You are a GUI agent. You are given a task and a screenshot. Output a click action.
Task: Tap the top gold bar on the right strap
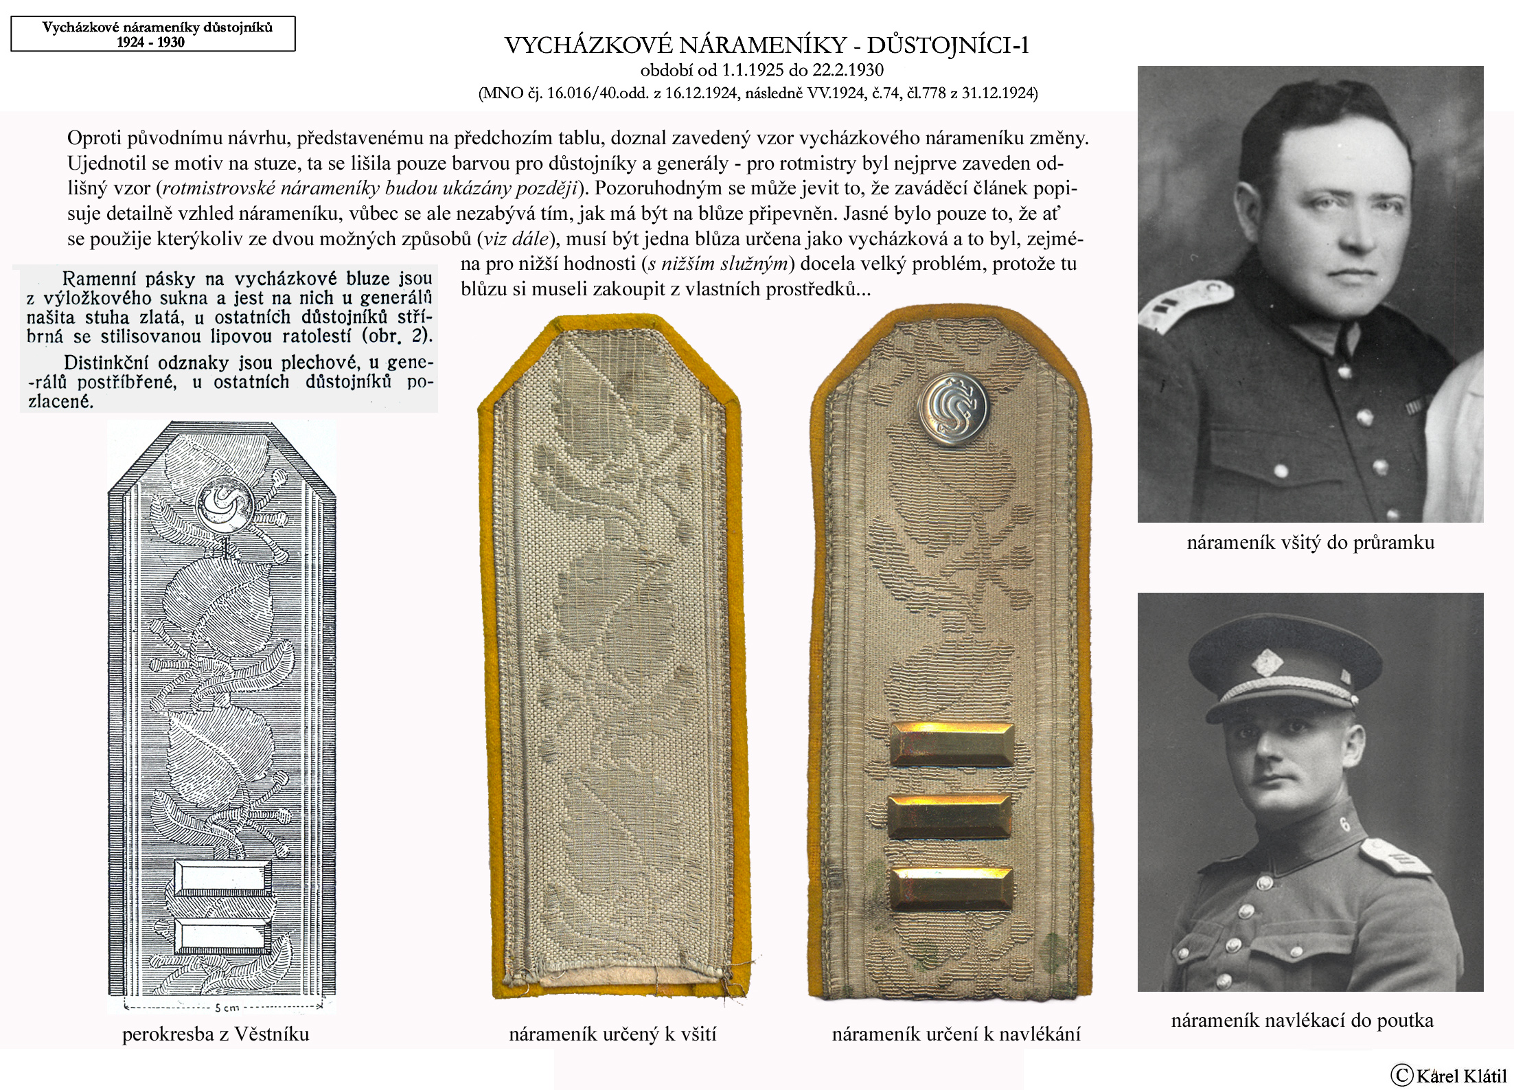click(x=952, y=745)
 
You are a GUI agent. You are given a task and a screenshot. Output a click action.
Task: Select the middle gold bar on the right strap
click(x=950, y=817)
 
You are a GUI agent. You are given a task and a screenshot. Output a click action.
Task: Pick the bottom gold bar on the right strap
click(x=951, y=889)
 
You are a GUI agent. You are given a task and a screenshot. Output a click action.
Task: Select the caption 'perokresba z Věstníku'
click(x=216, y=1034)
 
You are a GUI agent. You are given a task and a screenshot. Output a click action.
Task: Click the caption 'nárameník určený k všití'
click(x=612, y=1034)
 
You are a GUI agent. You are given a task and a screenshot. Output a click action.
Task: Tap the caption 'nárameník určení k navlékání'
click(x=956, y=1034)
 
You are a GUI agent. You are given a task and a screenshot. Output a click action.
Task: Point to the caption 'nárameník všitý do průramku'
click(x=1310, y=543)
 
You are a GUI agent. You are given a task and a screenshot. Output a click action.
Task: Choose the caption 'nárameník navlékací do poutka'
click(x=1302, y=1021)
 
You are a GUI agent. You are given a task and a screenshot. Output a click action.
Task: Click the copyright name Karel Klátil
click(x=1454, y=1076)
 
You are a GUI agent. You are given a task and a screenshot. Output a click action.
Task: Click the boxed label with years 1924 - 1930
click(x=152, y=34)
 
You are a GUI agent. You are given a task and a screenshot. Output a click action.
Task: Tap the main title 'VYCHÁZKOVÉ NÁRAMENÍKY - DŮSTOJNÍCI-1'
click(x=766, y=45)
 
